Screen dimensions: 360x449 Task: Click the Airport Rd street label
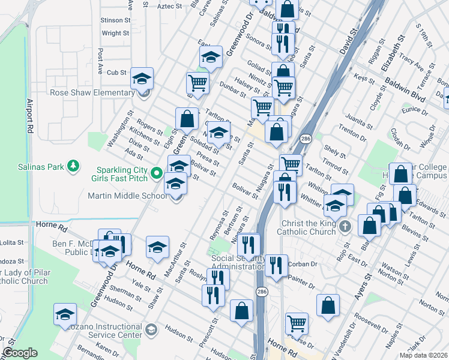[28, 113]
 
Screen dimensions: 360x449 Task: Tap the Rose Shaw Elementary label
[92, 92]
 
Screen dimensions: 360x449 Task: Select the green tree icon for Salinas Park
[73, 166]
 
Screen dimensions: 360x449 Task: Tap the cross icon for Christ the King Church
[345, 227]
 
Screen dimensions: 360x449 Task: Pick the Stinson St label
[116, 20]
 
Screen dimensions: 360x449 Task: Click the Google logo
[20, 353]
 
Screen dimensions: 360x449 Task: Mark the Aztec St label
[169, 6]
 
